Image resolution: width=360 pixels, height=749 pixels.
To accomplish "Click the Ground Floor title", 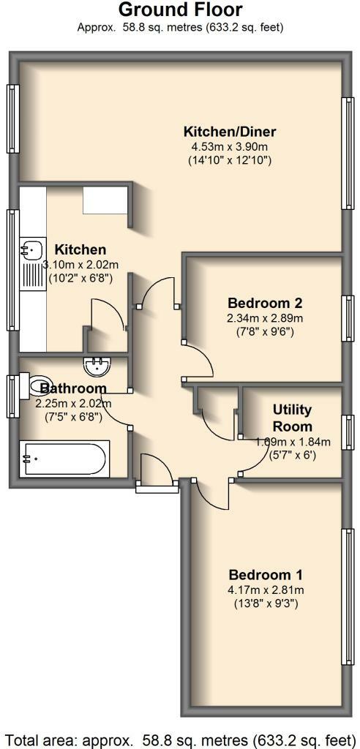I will coord(180,10).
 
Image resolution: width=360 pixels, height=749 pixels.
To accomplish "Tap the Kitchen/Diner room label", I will coord(219,132).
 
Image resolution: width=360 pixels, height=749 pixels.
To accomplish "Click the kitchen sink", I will coord(30,250).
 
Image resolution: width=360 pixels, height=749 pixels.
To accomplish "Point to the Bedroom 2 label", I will coord(264,303).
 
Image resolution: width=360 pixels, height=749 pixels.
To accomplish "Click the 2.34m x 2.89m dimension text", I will coord(264,318).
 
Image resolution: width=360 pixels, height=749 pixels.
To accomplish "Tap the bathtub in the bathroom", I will coord(64,459).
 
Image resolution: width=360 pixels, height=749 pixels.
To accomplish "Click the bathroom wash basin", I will coord(97,365).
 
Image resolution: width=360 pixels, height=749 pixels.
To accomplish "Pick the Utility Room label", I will coord(292,418).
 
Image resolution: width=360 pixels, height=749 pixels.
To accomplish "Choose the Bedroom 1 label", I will coord(265,575).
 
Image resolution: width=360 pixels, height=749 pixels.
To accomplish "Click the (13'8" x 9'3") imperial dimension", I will coord(265,603).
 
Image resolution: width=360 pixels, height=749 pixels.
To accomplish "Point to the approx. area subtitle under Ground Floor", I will coord(180,28).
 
